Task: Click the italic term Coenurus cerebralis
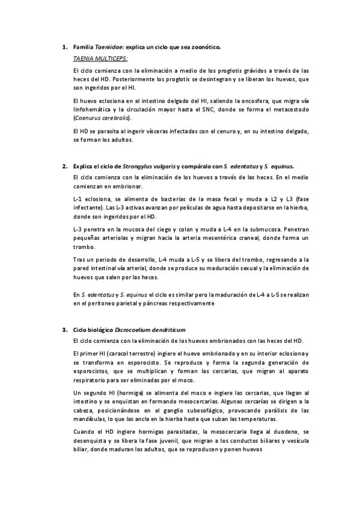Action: coord(101,118)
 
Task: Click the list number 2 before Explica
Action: coord(64,165)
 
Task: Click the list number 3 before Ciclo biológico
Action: coord(64,330)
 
